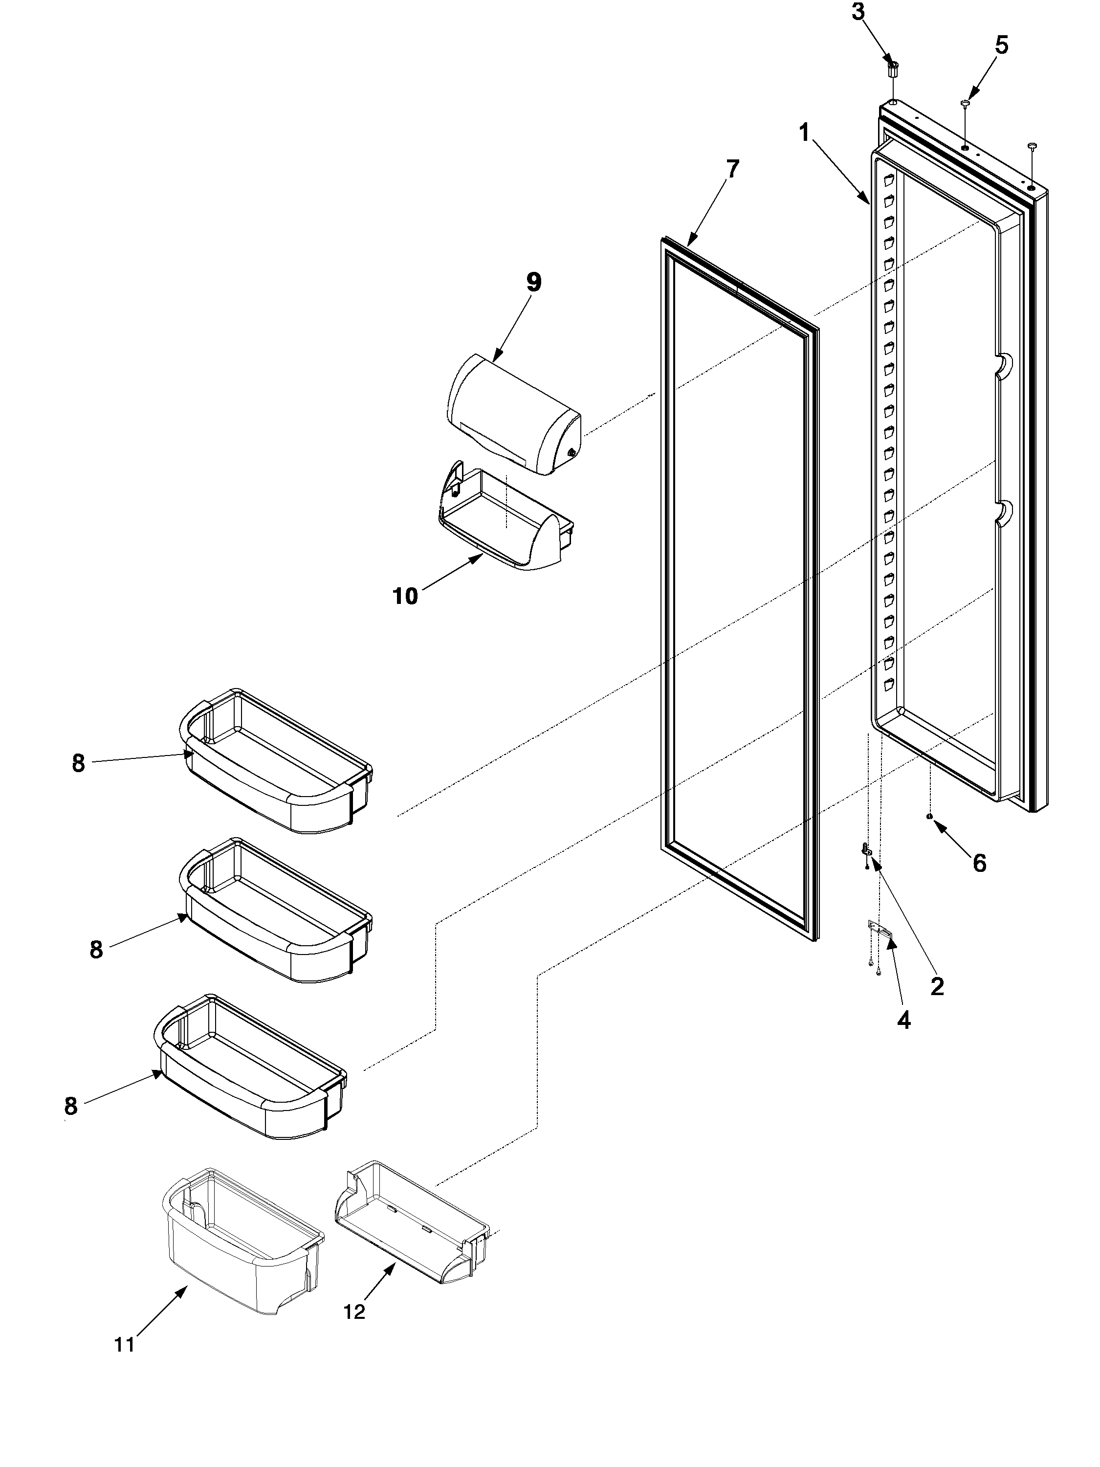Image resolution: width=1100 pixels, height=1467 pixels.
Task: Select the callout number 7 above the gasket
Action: pos(731,169)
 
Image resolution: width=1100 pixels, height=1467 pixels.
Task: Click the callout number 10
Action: pos(405,596)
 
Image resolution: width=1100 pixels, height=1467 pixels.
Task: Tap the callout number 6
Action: pos(979,862)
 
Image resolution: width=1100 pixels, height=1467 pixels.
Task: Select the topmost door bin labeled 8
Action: pos(275,763)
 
